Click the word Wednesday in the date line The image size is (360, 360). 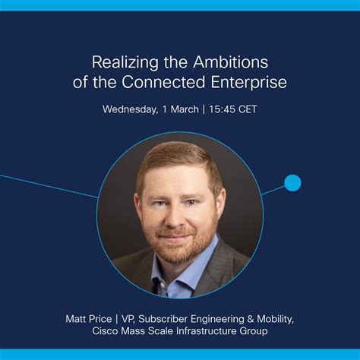[130, 109]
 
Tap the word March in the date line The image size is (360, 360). [184, 109]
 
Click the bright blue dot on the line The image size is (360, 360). [292, 183]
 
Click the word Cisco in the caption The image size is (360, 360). [106, 332]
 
